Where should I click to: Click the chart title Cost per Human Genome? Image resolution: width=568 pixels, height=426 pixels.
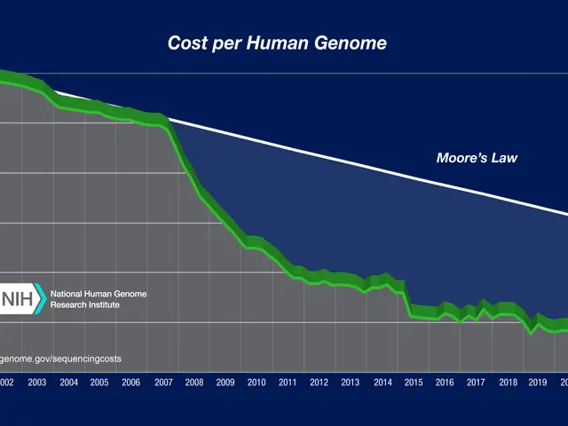click(x=277, y=43)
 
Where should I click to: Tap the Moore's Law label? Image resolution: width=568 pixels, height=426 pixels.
click(x=477, y=159)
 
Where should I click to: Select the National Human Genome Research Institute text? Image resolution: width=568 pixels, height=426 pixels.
click(x=99, y=298)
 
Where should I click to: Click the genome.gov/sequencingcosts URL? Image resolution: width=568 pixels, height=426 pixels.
click(x=60, y=359)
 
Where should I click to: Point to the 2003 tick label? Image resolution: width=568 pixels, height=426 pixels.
click(x=37, y=383)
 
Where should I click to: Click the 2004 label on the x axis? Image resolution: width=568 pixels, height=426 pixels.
click(x=68, y=383)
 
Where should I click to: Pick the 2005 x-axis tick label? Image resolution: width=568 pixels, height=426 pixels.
click(x=99, y=383)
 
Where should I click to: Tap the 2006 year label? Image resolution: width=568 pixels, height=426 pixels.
click(x=130, y=383)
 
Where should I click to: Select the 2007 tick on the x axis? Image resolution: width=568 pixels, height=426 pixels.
click(x=162, y=383)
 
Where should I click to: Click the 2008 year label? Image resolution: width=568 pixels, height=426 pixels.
click(x=193, y=383)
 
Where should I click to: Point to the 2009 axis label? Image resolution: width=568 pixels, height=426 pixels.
click(x=225, y=383)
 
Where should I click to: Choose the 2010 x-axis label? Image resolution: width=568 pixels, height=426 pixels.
click(x=256, y=383)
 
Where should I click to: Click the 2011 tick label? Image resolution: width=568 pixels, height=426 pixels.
click(x=288, y=383)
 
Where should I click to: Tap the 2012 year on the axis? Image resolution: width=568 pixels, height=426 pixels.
click(x=319, y=383)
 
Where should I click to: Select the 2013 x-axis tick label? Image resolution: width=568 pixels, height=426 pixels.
click(x=350, y=383)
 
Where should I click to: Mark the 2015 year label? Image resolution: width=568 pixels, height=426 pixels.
click(x=412, y=383)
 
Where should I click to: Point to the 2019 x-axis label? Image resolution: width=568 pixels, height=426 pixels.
click(x=537, y=383)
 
